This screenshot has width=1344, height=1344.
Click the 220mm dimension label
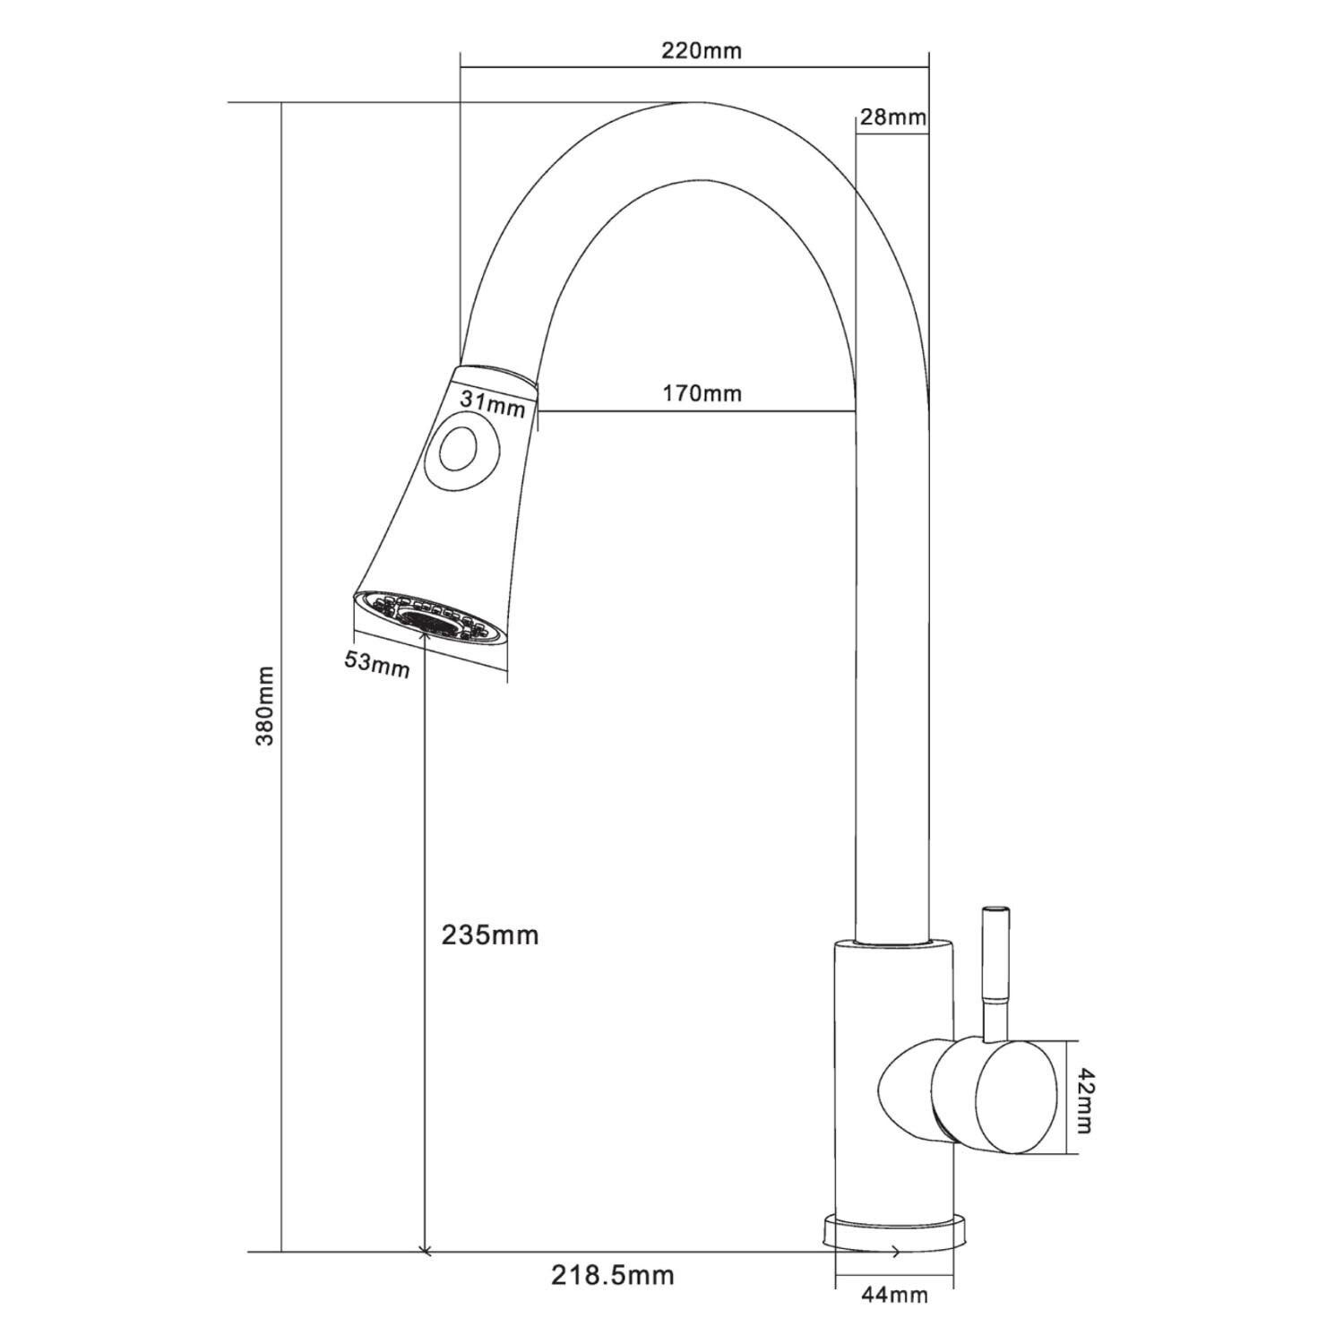(x=702, y=50)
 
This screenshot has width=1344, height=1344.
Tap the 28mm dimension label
(x=892, y=116)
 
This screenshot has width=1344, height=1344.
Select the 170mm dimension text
(x=702, y=392)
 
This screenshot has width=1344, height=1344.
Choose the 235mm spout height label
(x=490, y=935)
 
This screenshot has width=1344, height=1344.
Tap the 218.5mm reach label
(x=613, y=1274)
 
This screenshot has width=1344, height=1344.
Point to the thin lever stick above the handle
(x=994, y=976)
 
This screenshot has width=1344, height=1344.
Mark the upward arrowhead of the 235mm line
(x=423, y=639)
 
